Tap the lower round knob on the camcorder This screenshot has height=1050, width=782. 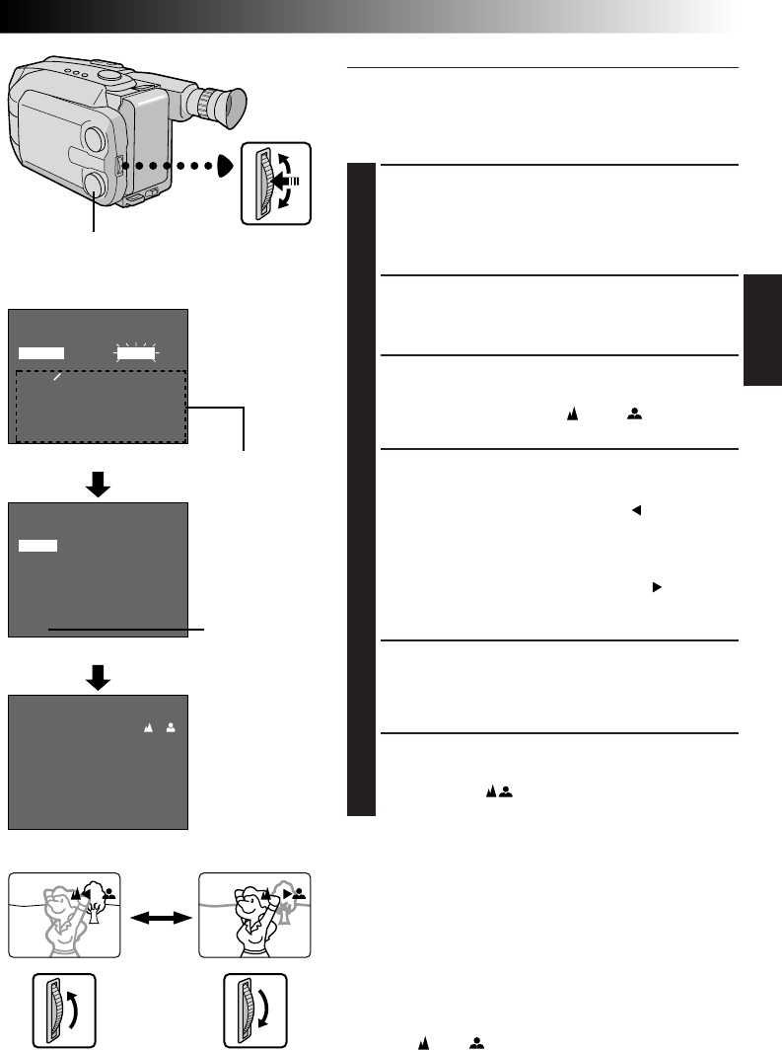tap(96, 184)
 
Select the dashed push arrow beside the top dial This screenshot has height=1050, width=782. tap(290, 183)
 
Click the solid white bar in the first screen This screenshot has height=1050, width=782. tap(40, 351)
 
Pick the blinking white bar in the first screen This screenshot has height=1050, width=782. tap(136, 351)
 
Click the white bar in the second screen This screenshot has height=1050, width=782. tap(37, 545)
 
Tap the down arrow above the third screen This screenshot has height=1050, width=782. tap(97, 675)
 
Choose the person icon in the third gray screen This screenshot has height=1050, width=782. tap(171, 726)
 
